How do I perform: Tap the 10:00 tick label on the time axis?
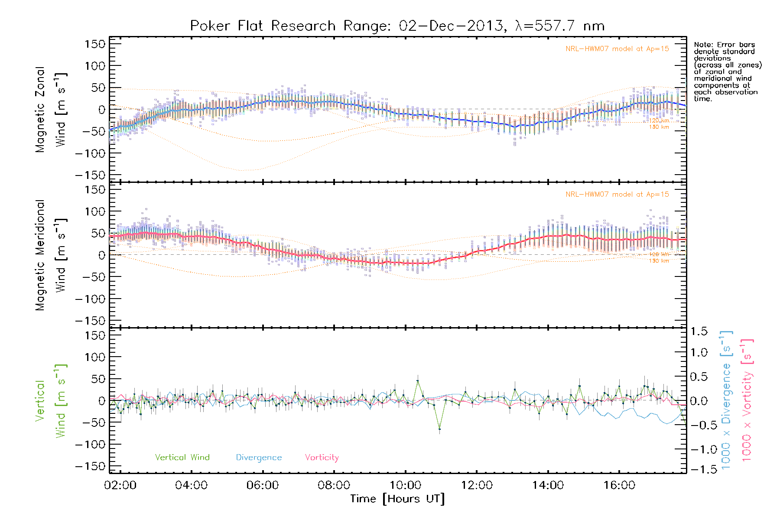tap(405, 485)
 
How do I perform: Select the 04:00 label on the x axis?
tap(191, 485)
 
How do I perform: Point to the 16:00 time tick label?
tap(619, 485)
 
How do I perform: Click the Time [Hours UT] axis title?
tap(397, 499)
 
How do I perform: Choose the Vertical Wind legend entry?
tap(182, 458)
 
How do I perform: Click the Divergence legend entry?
tap(259, 458)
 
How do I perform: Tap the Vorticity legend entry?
tap(322, 458)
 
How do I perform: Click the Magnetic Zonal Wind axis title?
tap(51, 110)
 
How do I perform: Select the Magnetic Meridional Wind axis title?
tap(51, 255)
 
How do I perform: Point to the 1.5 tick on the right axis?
tap(699, 331)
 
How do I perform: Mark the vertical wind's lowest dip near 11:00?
tap(439, 429)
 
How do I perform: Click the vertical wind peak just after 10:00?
tap(417, 381)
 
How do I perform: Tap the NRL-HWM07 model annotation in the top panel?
tap(617, 49)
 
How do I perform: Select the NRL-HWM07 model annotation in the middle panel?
tap(617, 195)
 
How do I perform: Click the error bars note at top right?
tap(727, 71)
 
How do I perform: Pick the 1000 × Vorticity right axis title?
tap(747, 400)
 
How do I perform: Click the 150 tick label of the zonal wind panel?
tap(95, 44)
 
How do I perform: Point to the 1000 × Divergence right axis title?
tap(726, 400)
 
